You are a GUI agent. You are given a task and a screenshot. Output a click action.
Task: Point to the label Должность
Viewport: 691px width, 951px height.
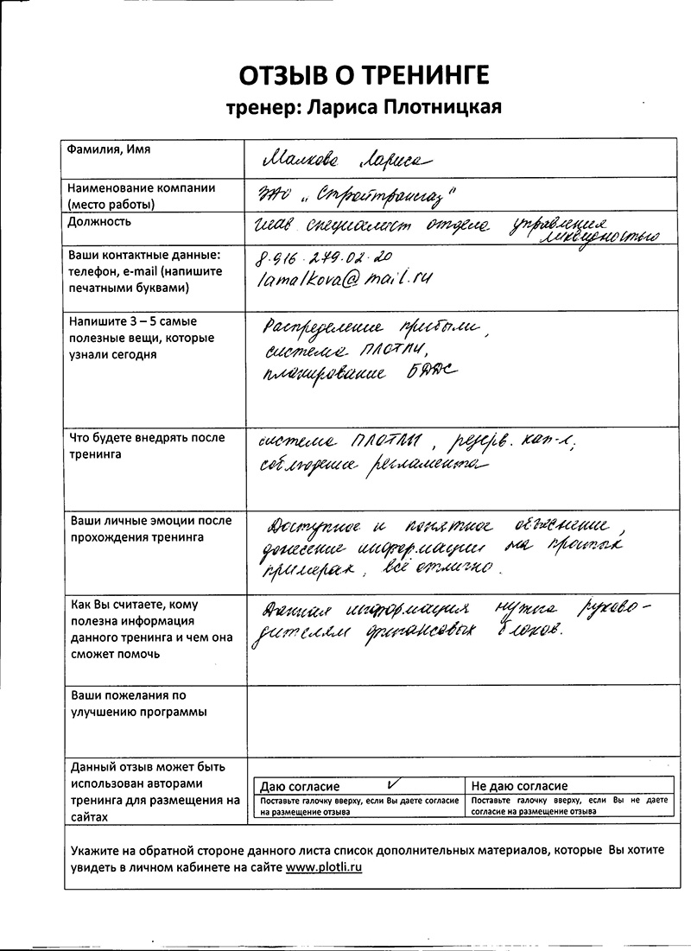coord(99,221)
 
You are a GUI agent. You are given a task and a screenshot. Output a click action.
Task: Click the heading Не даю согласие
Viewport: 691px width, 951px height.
coord(519,786)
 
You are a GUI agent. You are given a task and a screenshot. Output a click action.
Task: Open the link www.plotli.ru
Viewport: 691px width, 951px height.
coord(324,866)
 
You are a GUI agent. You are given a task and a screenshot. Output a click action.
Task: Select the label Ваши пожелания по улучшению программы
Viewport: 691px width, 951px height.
coord(139,703)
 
